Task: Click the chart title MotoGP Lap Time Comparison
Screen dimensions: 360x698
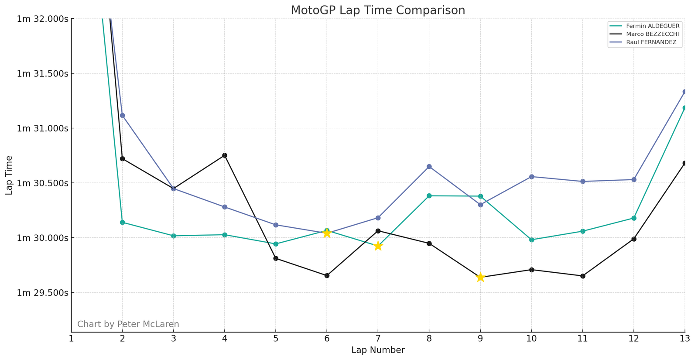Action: (378, 10)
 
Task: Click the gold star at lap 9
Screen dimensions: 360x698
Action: (480, 277)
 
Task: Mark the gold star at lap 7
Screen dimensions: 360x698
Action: (378, 246)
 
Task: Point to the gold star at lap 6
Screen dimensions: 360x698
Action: (327, 233)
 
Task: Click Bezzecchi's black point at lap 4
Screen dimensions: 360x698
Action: (225, 155)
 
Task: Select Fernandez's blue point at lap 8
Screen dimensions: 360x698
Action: (429, 167)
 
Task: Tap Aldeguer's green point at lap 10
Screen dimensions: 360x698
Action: (531, 240)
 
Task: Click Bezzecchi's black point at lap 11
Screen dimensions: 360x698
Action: (582, 276)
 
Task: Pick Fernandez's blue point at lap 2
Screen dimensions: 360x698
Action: (123, 116)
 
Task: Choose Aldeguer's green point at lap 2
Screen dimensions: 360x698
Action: (123, 223)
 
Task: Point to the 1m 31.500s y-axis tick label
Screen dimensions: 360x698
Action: (43, 74)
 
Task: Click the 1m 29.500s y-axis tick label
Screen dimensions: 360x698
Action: (43, 293)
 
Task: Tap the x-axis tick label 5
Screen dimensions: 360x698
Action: (276, 339)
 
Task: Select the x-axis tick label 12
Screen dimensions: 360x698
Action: (633, 339)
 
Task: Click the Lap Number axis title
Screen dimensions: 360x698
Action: (378, 350)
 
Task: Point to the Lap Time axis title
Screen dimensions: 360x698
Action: (9, 175)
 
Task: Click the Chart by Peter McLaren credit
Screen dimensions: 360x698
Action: (128, 324)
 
